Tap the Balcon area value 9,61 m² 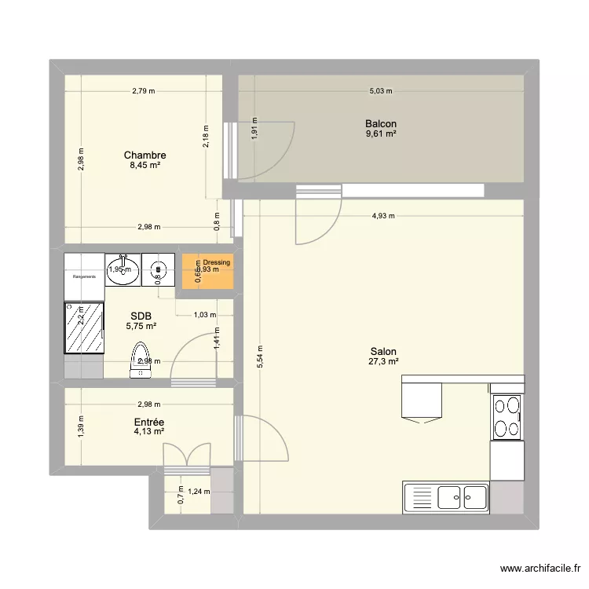380,134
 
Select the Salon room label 383,352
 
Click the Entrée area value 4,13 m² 148,431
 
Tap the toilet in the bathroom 141,358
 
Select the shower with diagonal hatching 84,327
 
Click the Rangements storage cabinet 84,276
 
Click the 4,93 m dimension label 383,216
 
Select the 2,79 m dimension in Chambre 143,91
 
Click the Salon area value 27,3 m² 383,362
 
